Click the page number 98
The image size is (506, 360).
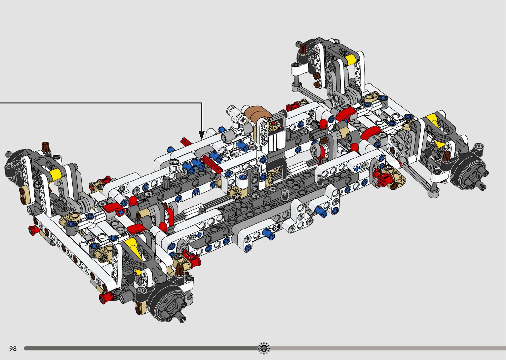coord(13,348)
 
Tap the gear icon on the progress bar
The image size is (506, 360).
coord(264,348)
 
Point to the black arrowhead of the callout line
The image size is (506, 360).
coord(202,135)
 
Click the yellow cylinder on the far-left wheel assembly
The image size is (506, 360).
coord(54,174)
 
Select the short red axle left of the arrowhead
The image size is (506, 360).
coord(186,141)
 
